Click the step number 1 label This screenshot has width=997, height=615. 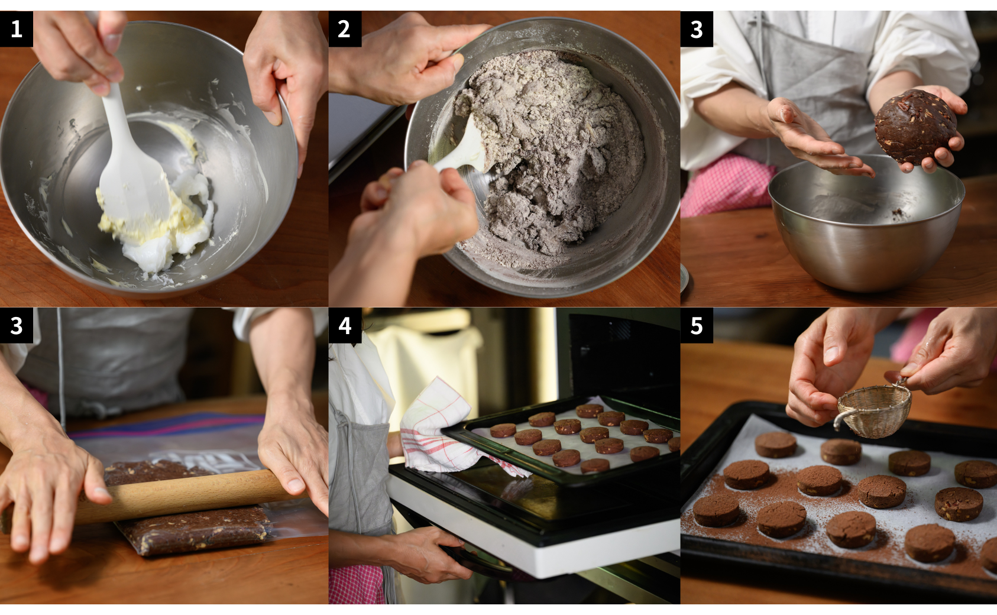click(x=17, y=29)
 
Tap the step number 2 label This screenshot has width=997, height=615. click(x=345, y=29)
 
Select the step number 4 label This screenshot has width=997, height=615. click(x=345, y=325)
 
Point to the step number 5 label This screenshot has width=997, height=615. click(x=697, y=325)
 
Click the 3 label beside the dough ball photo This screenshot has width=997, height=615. click(x=697, y=29)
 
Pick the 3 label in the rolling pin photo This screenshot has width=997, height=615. click(x=17, y=325)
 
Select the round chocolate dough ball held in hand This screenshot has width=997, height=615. click(x=915, y=127)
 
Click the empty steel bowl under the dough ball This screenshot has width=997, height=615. click(x=866, y=222)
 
